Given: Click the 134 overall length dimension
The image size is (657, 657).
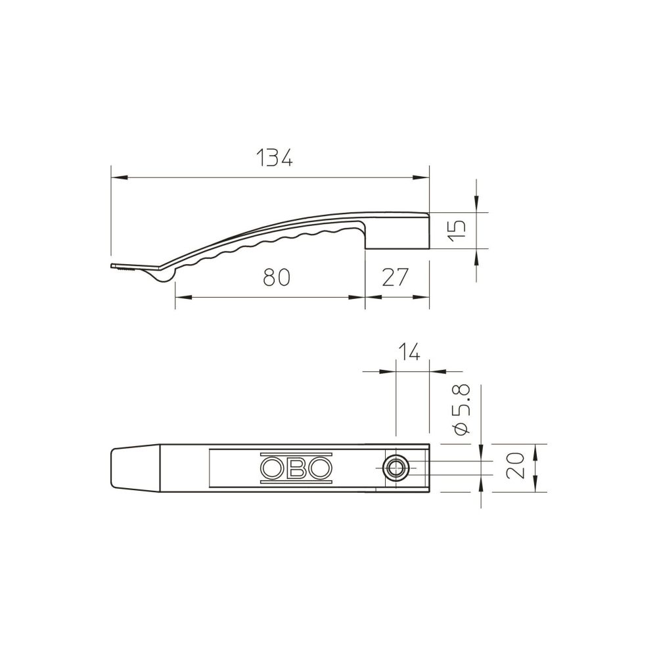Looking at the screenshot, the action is pyautogui.click(x=274, y=158).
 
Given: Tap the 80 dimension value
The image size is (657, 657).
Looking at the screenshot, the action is pyautogui.click(x=277, y=277).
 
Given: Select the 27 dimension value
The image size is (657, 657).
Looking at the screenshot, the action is pyautogui.click(x=395, y=277).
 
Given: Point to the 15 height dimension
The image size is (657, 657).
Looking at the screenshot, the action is pyautogui.click(x=457, y=230).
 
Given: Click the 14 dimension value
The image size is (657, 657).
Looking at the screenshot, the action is pyautogui.click(x=408, y=352).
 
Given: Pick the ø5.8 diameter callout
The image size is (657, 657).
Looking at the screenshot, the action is pyautogui.click(x=462, y=409).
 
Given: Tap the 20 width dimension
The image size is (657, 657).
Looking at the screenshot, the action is pyautogui.click(x=515, y=465).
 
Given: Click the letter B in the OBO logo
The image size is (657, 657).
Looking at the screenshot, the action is pyautogui.click(x=297, y=468).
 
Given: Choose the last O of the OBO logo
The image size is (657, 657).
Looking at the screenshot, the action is pyautogui.click(x=320, y=468).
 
